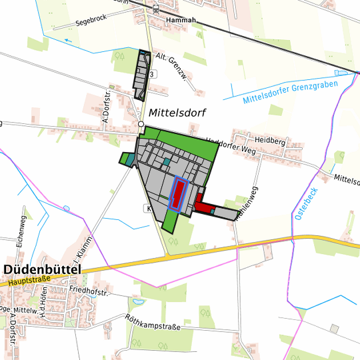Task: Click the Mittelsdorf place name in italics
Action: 177,113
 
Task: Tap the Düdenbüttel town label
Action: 41,269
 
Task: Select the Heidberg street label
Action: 270,142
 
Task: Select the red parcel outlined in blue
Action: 179,194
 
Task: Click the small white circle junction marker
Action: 141,124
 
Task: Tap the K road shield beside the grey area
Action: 147,209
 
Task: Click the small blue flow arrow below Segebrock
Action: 68,40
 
